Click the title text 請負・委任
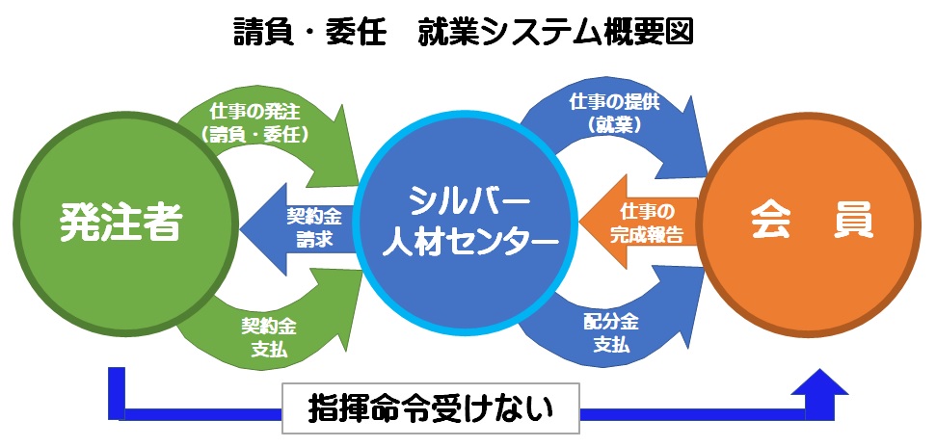[x=306, y=31]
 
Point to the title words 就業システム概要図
[x=556, y=31]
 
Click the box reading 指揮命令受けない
[x=430, y=408]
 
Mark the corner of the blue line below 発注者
[x=117, y=413]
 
